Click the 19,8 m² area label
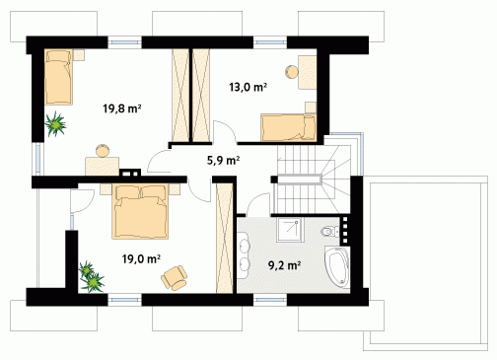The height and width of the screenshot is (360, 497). pyautogui.click(x=122, y=108)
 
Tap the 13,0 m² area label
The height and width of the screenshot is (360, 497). pyautogui.click(x=248, y=87)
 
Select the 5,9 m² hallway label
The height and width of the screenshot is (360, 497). pyautogui.click(x=223, y=160)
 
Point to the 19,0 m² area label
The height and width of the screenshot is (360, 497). pyautogui.click(x=141, y=258)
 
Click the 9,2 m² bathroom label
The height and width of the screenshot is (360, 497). pyautogui.click(x=285, y=265)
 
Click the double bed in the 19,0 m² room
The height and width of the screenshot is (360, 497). pyautogui.click(x=140, y=211)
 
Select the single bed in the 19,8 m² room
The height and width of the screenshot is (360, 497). pyautogui.click(x=58, y=77)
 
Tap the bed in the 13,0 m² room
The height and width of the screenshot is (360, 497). pyautogui.click(x=289, y=127)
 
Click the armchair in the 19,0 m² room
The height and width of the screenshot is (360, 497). pyautogui.click(x=175, y=278)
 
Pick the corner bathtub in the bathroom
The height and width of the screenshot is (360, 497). pyautogui.click(x=337, y=266)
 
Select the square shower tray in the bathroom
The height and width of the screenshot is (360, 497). pyautogui.click(x=290, y=230)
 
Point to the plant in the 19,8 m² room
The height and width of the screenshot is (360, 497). pyautogui.click(x=55, y=124)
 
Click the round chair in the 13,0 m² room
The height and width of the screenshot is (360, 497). pyautogui.click(x=292, y=72)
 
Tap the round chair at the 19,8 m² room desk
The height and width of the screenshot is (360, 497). pyautogui.click(x=103, y=151)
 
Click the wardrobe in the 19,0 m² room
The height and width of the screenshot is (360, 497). pyautogui.click(x=225, y=239)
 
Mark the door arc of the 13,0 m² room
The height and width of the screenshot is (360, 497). pyautogui.click(x=226, y=128)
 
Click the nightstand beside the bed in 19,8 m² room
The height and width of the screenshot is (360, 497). pyautogui.click(x=79, y=55)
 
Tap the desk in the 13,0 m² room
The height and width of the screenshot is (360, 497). pyautogui.click(x=308, y=72)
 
